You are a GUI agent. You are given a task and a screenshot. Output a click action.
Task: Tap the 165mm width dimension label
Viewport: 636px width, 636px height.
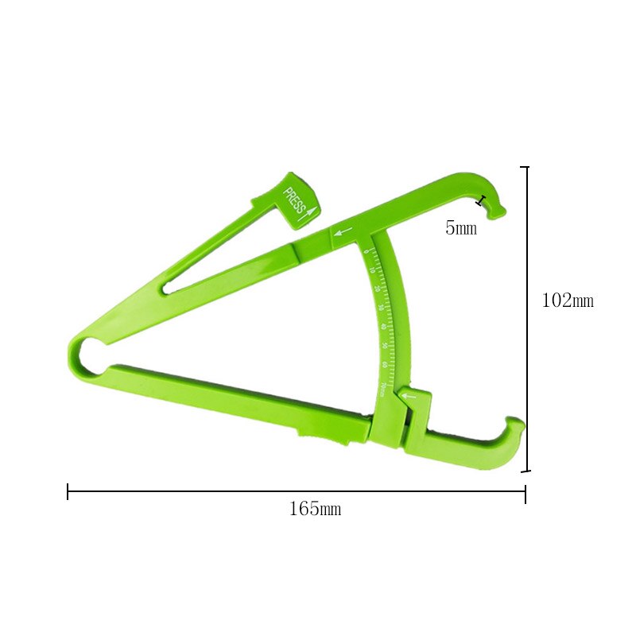315,510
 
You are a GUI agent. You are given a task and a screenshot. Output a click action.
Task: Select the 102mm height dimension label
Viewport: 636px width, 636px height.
567,301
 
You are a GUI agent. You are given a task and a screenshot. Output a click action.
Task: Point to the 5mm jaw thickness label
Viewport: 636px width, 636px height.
460,229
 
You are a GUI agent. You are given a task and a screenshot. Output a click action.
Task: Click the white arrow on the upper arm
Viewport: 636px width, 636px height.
343,233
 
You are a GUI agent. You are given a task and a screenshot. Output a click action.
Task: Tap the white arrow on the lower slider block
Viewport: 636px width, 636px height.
409,395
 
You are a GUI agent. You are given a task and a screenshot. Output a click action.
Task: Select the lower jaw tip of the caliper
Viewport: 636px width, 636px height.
515,423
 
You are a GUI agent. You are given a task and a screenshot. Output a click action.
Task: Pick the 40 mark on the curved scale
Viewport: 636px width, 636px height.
382,327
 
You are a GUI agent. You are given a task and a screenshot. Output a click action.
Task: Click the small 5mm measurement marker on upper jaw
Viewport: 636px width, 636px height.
479,201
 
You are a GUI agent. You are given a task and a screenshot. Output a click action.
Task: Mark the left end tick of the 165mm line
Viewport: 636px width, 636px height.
68,492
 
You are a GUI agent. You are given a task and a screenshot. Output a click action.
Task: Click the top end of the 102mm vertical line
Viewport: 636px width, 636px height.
525,167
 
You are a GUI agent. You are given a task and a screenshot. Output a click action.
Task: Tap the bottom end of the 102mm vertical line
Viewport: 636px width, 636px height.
525,471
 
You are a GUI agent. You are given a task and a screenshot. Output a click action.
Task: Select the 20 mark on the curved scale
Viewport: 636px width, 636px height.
376,289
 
